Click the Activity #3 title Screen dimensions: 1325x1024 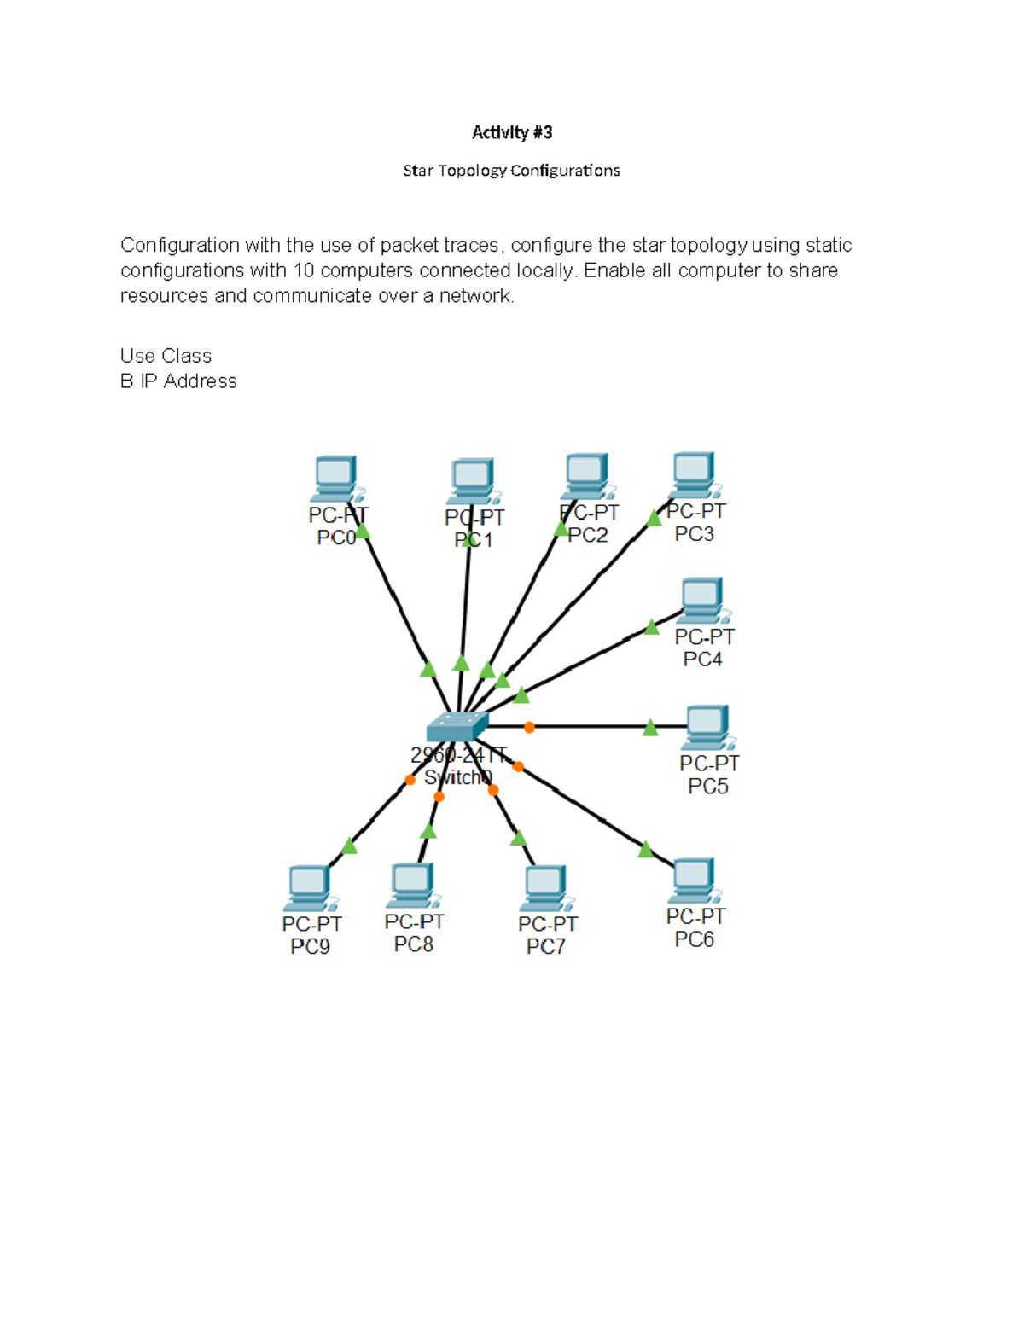tap(512, 132)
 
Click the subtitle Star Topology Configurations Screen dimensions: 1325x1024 tap(511, 171)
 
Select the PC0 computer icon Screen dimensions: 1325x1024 tap(335, 479)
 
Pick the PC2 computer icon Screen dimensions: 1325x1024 tap(587, 476)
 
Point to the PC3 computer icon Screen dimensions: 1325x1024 tap(693, 474)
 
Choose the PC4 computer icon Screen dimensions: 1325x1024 tap(702, 601)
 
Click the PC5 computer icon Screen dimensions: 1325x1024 tap(707, 727)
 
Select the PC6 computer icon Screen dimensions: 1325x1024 tap(694, 880)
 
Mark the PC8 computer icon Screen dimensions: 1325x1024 tap(413, 886)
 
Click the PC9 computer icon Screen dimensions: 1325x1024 tap(309, 888)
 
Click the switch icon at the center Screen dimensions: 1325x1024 tap(457, 726)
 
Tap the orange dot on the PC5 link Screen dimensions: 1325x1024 tap(529, 727)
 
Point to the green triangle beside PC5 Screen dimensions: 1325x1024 tap(650, 728)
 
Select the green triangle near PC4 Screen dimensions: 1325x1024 tap(652, 628)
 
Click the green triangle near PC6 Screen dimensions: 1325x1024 tap(646, 849)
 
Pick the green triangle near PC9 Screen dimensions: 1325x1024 tap(349, 846)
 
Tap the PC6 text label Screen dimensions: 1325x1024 tap(695, 939)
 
